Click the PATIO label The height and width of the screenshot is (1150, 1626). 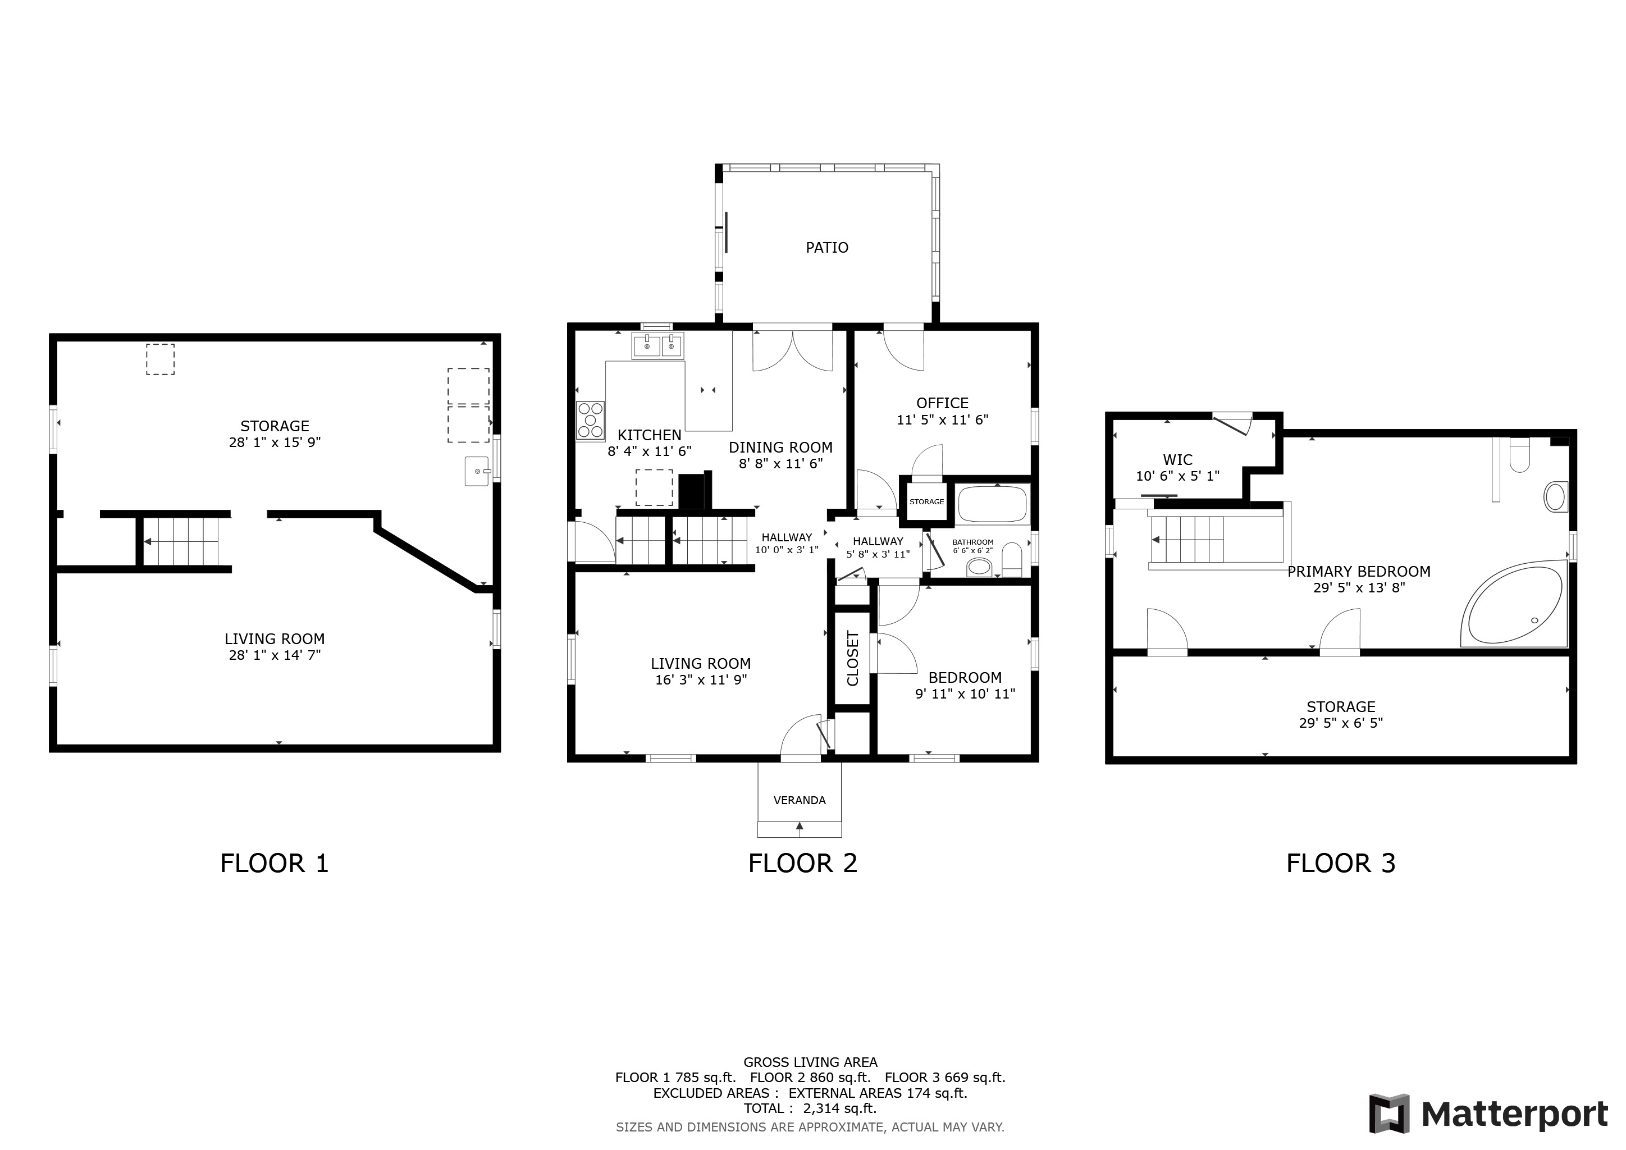pyautogui.click(x=826, y=248)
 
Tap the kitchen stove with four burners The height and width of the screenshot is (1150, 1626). pyautogui.click(x=591, y=421)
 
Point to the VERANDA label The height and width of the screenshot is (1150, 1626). pyautogui.click(x=800, y=800)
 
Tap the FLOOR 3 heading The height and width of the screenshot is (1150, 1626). pyautogui.click(x=1341, y=863)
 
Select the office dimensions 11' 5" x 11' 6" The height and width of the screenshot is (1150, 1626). pyautogui.click(x=943, y=420)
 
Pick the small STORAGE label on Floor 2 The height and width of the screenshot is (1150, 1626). pyautogui.click(x=926, y=501)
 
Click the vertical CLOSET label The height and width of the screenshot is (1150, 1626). pyautogui.click(x=853, y=659)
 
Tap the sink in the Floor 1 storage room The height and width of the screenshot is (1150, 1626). pyautogui.click(x=478, y=472)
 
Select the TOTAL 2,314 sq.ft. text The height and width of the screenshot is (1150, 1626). pyautogui.click(x=810, y=1108)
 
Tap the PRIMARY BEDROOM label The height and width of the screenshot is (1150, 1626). pyautogui.click(x=1359, y=572)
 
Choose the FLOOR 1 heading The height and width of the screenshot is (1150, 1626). pyautogui.click(x=274, y=863)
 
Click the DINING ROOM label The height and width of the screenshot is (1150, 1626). pyautogui.click(x=780, y=448)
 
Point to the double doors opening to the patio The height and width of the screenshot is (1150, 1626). pyautogui.click(x=792, y=350)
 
